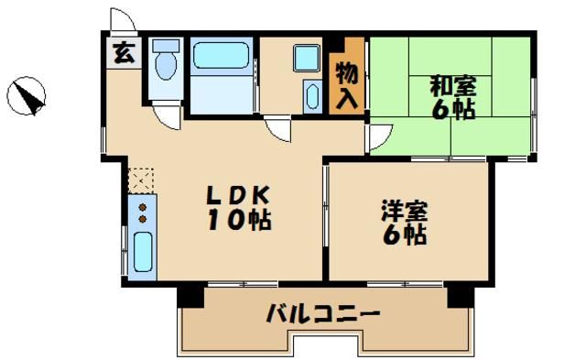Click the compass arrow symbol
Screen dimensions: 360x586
(x=28, y=96)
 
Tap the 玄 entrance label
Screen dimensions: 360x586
(x=122, y=52)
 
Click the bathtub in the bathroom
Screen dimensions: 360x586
(x=221, y=56)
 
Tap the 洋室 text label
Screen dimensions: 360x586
(x=404, y=212)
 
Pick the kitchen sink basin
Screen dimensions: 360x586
(x=142, y=252)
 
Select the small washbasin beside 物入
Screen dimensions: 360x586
(x=311, y=96)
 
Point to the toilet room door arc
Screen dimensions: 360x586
(x=166, y=114)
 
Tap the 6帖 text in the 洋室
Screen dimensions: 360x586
(x=404, y=235)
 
